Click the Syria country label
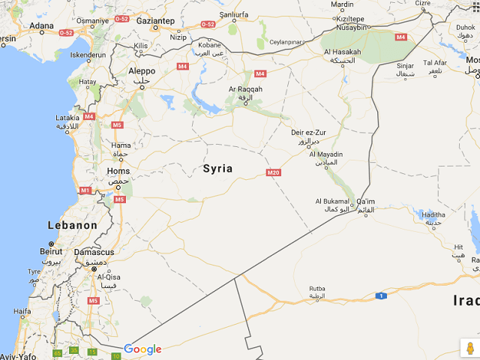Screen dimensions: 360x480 217,169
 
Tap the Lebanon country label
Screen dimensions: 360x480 73,225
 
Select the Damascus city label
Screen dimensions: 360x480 94,252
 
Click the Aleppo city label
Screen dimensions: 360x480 142,70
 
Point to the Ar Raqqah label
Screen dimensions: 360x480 246,89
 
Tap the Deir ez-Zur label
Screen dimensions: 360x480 308,132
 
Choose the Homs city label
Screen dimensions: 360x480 118,171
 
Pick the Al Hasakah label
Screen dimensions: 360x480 342,52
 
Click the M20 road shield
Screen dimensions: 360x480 274,172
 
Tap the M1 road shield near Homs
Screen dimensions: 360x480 85,190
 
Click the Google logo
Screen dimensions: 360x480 142,349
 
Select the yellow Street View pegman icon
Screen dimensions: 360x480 469,349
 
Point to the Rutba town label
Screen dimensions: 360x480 317,288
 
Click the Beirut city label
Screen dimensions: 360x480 50,253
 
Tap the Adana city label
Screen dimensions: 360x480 41,25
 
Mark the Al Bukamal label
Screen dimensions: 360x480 332,201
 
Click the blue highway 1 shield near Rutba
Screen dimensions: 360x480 381,295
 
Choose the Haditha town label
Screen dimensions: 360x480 433,214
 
